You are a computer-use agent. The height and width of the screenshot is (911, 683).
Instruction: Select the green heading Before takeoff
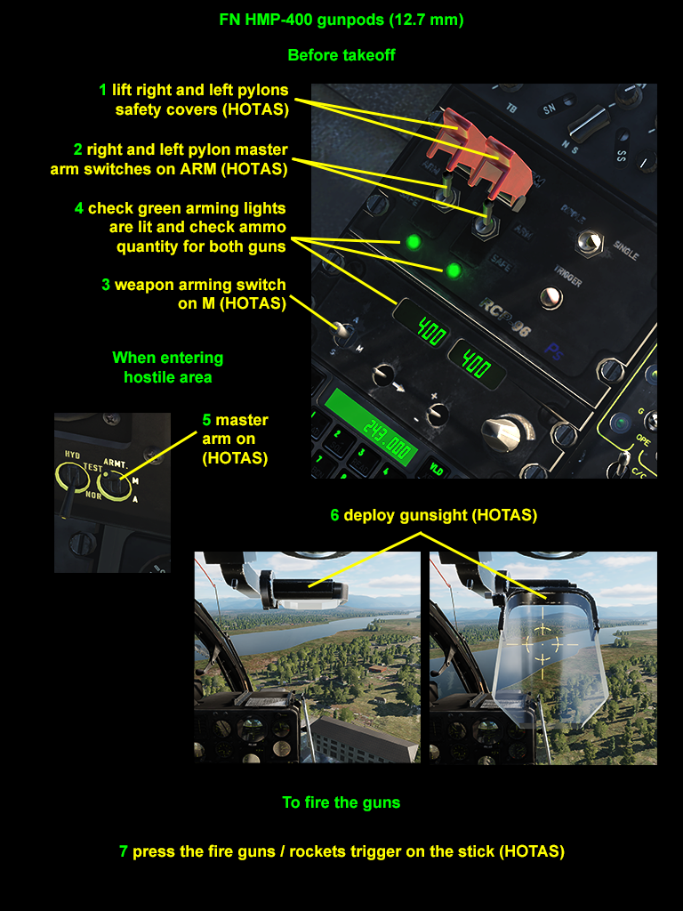[x=341, y=55]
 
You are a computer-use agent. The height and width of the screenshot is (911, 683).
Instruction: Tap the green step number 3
[x=106, y=285]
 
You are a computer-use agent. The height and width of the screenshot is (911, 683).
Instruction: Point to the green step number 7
[x=123, y=851]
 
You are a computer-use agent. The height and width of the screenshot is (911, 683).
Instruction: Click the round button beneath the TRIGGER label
[x=550, y=297]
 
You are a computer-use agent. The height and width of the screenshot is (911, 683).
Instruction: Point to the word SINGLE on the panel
[x=625, y=250]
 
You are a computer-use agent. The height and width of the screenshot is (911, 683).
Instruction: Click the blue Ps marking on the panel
[x=554, y=351]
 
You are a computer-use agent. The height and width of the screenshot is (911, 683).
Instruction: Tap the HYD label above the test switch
[x=72, y=455]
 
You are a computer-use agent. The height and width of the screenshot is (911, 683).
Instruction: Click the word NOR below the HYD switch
[x=93, y=496]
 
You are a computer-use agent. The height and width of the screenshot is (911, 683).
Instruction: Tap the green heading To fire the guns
[x=341, y=803]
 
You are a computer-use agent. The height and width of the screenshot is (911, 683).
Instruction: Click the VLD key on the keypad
[x=436, y=468]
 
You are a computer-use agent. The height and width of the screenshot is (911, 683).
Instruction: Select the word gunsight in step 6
[x=418, y=515]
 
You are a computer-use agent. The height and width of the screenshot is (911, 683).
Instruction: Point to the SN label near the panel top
[x=550, y=109]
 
